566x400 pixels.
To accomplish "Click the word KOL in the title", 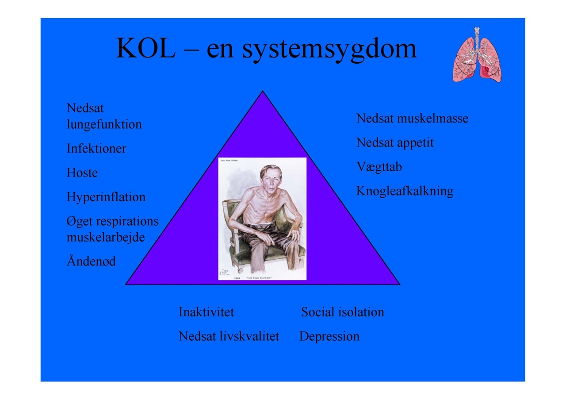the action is point(145,48).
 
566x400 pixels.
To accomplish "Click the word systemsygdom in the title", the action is point(329,50).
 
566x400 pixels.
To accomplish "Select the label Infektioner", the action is point(96,148).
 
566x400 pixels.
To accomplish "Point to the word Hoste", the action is point(82,173).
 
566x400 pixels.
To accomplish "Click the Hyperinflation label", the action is point(106,197).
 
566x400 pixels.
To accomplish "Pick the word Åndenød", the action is point(91,261).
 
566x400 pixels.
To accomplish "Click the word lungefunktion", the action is point(104,124).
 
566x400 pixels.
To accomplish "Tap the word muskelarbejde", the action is point(106,238).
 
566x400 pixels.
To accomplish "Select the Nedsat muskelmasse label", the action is point(413,118).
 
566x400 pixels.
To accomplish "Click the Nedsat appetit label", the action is point(395,143).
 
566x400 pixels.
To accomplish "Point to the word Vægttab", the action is point(379,167).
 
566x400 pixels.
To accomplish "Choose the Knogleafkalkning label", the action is point(405,191).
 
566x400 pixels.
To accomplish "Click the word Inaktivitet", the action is point(206,312).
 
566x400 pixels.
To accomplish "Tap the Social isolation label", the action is point(342,312).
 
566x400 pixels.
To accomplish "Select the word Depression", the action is point(329,337).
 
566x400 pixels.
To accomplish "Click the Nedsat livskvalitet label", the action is point(229,337).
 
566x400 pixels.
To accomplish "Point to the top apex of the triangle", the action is point(263,91).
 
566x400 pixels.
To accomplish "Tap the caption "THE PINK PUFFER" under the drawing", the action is point(259,278).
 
